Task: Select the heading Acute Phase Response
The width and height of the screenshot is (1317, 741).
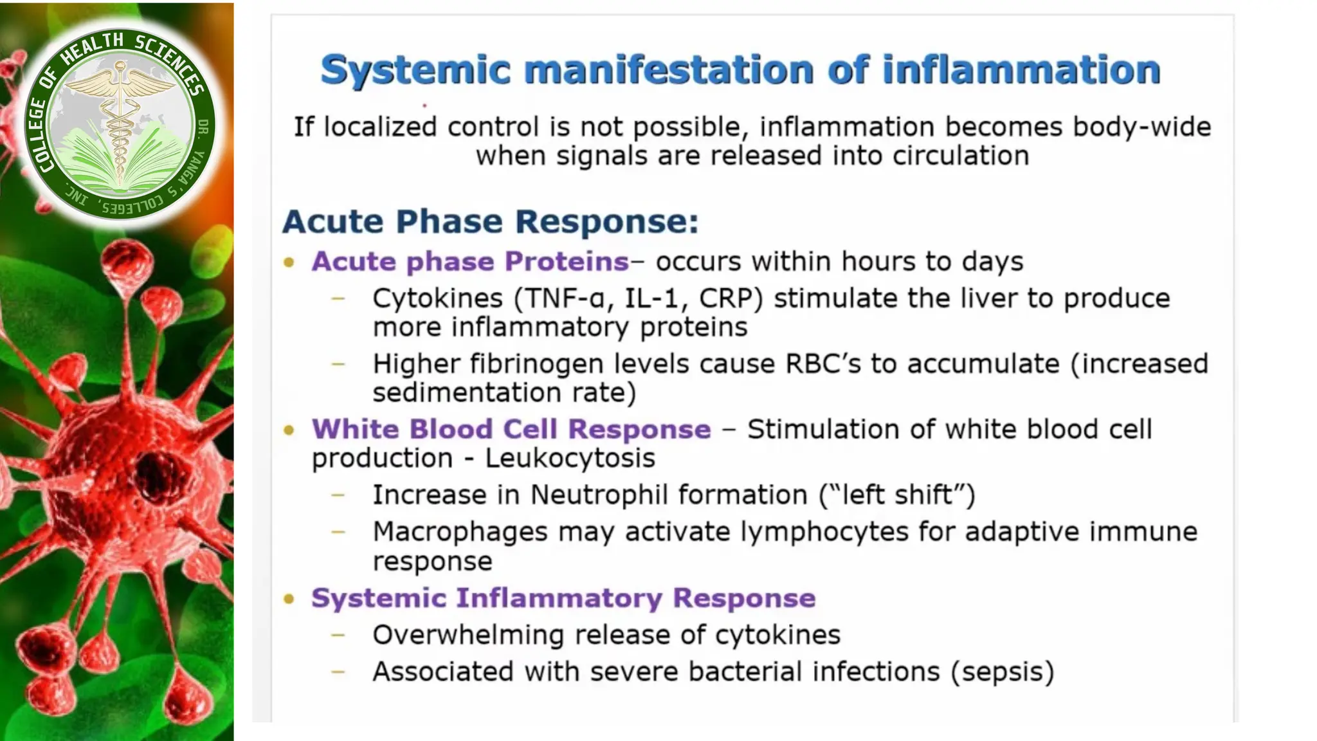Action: pos(490,221)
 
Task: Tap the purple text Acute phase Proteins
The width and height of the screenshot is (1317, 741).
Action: pos(469,262)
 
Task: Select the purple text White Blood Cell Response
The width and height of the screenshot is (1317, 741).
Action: pos(511,430)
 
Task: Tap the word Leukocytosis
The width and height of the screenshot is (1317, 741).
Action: pos(570,459)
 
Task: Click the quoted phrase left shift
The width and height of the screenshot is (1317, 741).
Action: pos(897,495)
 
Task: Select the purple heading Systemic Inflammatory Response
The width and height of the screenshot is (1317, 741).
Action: pos(563,598)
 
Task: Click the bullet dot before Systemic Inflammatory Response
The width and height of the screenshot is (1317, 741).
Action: pos(289,599)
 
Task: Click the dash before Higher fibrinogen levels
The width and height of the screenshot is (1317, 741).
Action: pos(338,364)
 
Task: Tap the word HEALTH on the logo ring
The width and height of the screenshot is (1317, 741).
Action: pos(91,50)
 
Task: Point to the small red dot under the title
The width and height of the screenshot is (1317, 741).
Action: pos(424,105)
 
